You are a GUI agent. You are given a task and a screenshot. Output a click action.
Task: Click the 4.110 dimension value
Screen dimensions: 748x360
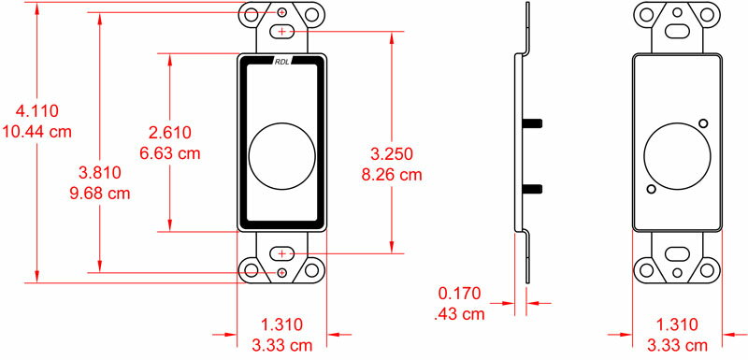click(37, 111)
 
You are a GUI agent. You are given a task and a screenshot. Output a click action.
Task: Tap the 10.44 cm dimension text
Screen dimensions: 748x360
click(37, 131)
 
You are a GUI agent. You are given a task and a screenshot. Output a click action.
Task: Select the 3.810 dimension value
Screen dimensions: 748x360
click(100, 173)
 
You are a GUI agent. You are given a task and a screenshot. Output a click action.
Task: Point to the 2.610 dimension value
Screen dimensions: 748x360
click(170, 133)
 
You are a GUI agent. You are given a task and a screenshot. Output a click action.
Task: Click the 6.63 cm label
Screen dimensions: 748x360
click(170, 153)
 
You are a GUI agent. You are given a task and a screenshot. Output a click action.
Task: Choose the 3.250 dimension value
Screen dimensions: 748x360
click(392, 154)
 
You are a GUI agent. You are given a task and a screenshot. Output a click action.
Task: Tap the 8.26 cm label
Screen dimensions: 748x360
click(392, 175)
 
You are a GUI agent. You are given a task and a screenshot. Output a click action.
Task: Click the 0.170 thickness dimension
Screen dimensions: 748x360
click(460, 294)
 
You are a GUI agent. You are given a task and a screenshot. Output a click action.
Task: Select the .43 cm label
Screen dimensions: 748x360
click(460, 314)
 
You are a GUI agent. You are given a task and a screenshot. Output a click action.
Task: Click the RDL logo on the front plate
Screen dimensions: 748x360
click(282, 61)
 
